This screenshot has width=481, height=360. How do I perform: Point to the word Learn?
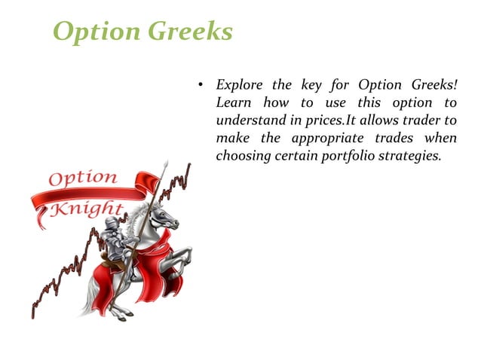[233, 102]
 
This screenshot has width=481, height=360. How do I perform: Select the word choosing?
[241, 157]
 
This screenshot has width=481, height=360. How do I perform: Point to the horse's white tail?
[93, 286]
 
